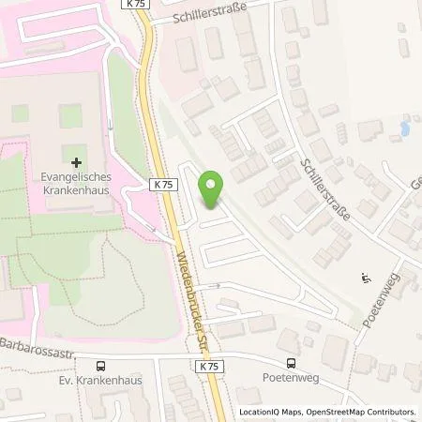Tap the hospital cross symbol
[76, 162]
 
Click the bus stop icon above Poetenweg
[291, 365]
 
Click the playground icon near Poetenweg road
[365, 278]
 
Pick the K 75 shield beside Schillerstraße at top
[134, 5]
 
